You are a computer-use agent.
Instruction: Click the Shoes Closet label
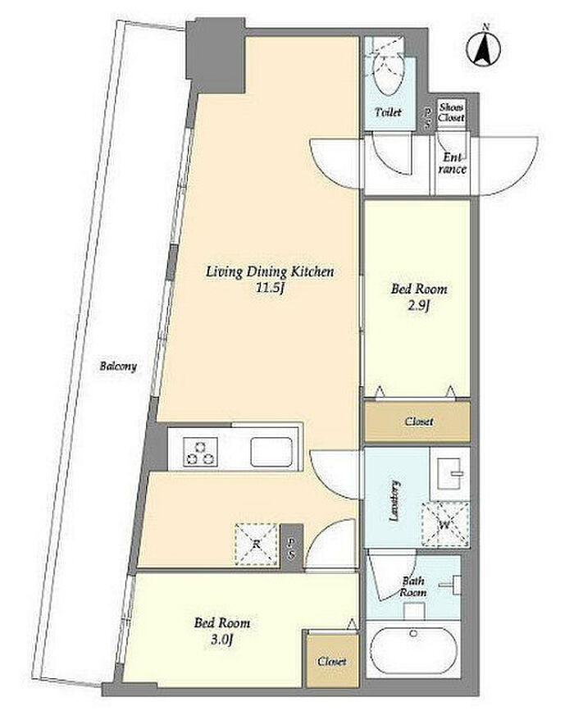451,112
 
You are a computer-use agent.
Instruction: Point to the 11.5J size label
271,289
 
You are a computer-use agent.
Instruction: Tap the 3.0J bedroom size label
222,640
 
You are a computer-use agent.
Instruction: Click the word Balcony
118,366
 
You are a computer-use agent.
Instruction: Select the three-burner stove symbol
200,452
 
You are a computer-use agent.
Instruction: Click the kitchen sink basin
271,452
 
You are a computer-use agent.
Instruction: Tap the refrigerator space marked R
256,544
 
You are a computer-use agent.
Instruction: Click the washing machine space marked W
444,524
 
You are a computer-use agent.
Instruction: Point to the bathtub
413,649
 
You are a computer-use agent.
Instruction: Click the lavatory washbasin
449,473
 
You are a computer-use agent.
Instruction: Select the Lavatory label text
395,500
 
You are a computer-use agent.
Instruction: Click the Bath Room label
412,586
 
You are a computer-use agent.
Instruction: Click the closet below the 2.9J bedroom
417,422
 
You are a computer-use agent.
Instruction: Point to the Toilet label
388,112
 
